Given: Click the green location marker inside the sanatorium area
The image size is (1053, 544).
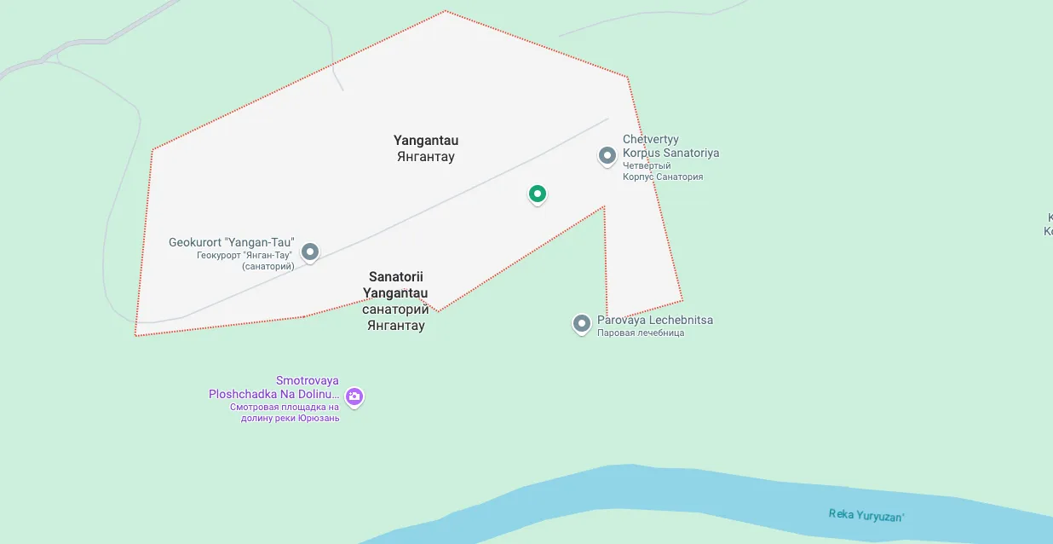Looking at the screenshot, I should [537, 194].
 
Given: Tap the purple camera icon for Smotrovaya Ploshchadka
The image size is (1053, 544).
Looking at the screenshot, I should [354, 396].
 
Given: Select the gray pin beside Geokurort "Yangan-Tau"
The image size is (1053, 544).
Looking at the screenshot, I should [310, 252].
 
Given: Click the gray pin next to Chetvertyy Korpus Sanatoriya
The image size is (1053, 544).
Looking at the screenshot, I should [607, 156].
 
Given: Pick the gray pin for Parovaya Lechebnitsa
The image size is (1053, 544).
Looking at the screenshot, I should [582, 324].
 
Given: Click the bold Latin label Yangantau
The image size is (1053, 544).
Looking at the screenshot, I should [426, 140].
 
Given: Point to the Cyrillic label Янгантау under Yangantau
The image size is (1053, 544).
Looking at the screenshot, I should [426, 157].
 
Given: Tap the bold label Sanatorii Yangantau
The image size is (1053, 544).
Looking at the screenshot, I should [396, 285].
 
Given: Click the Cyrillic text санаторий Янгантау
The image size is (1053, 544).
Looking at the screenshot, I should [396, 317].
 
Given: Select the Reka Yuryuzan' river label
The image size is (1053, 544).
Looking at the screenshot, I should [866, 514].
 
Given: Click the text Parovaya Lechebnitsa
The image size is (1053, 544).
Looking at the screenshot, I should [655, 320].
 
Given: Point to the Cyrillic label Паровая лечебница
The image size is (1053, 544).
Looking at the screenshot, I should [641, 333].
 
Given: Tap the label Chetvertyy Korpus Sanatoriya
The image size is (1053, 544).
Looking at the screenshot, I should [670, 146].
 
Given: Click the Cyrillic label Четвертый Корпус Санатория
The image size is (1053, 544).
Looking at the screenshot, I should [663, 171].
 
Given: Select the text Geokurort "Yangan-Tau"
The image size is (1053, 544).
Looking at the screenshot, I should [232, 242].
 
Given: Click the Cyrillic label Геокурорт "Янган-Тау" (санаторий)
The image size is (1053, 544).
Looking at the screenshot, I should [245, 261].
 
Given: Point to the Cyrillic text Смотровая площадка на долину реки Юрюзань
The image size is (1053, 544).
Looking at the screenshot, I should [285, 413].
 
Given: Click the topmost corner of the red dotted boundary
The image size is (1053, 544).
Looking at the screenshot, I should [445, 11].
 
